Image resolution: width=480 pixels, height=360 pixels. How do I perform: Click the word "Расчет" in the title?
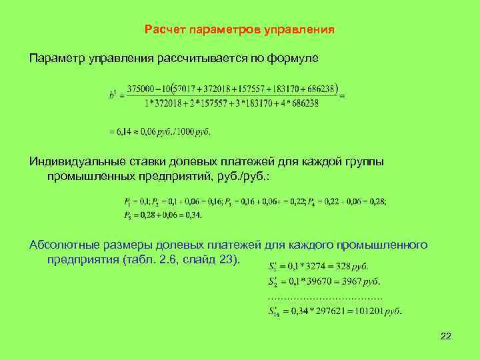[x=165, y=30]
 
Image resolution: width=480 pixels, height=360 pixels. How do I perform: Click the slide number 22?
[x=446, y=337]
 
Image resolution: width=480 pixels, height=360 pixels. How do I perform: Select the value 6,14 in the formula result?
[x=125, y=131]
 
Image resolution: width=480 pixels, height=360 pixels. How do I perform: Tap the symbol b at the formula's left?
[x=112, y=95]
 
